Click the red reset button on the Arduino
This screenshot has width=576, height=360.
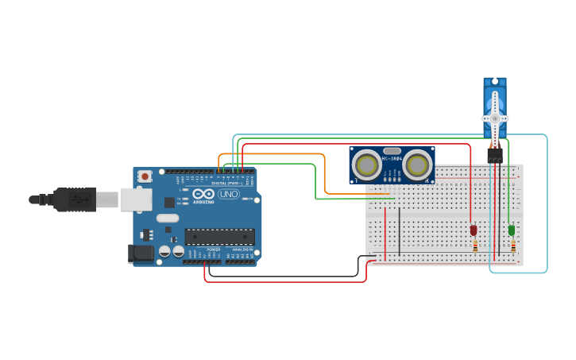(x=145, y=176)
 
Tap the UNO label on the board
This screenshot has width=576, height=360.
(x=229, y=194)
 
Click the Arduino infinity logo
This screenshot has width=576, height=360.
(x=203, y=193)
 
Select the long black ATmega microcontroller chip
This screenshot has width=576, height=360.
(x=220, y=236)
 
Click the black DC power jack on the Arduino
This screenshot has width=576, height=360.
(x=141, y=254)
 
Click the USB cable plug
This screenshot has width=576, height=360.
(x=76, y=199)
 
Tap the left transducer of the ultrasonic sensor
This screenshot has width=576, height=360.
(x=367, y=165)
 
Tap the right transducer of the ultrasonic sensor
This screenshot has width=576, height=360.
(x=417, y=165)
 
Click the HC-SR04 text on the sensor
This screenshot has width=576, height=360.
(x=392, y=158)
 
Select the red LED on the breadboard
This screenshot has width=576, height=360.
(x=474, y=230)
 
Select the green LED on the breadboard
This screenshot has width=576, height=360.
(x=512, y=230)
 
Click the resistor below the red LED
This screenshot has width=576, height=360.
(x=475, y=246)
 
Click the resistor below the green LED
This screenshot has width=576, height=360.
(x=513, y=246)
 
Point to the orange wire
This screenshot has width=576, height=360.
(x=324, y=171)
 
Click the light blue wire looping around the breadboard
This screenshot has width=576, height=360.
(x=547, y=207)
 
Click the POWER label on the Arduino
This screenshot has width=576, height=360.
(x=214, y=250)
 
